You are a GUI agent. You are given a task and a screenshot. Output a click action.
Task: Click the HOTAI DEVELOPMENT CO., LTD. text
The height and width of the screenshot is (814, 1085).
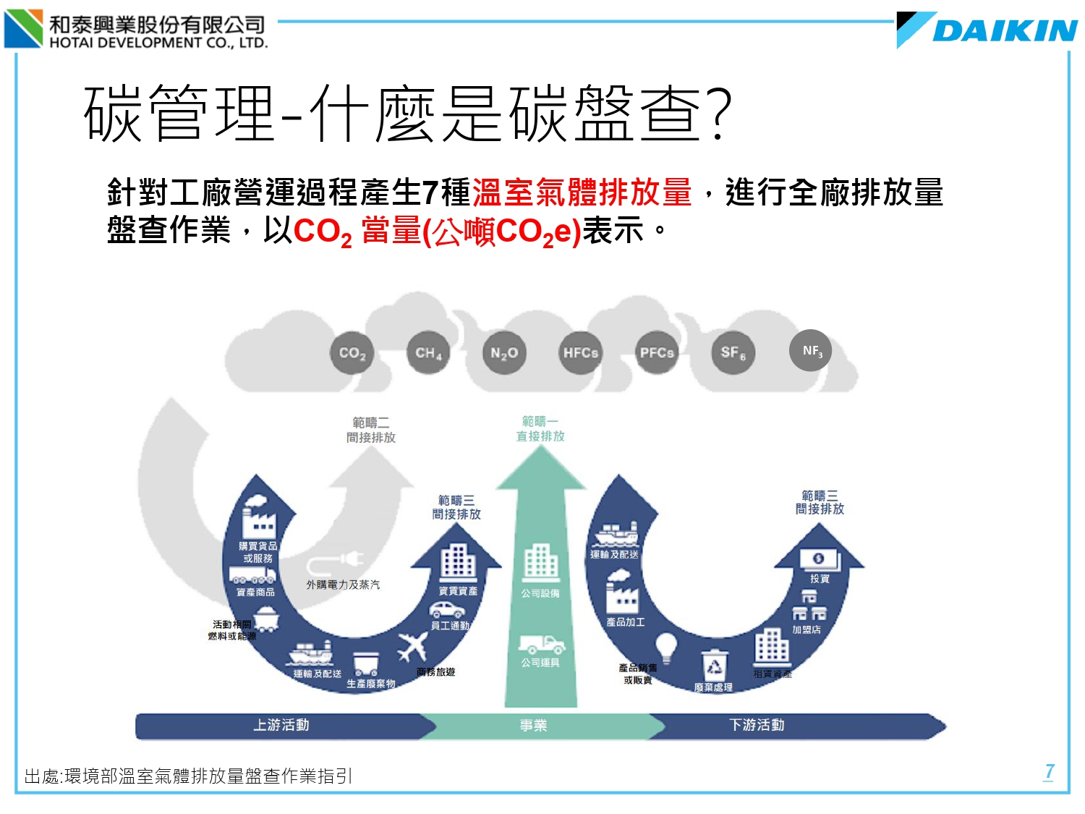point(158,43)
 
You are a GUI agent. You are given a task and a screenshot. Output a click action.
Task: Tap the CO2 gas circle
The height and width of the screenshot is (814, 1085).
point(352,353)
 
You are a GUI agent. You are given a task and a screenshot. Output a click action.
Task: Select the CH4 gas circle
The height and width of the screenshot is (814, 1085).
point(428,353)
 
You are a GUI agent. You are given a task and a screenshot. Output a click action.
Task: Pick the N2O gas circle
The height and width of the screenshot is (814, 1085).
point(504,353)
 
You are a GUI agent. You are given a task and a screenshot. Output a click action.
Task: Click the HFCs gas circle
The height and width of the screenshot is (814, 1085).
point(581,353)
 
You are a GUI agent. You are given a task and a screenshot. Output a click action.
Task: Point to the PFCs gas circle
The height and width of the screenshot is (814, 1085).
point(657,353)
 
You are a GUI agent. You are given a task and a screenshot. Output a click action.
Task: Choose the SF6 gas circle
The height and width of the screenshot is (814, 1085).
point(733,353)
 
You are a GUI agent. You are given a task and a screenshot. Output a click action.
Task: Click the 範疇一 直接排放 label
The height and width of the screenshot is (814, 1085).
point(540,429)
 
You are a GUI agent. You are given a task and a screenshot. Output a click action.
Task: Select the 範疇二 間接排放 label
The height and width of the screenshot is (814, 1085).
point(371,430)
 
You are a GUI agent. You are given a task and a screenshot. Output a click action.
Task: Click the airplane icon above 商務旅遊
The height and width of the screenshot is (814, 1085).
point(413,646)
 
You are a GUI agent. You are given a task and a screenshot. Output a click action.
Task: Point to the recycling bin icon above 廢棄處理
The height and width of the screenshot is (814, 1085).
point(714,664)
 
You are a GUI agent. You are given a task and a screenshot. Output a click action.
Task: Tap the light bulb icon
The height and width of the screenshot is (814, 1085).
point(665,647)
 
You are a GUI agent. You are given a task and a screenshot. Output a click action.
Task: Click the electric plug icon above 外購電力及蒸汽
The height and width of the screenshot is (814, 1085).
point(344,561)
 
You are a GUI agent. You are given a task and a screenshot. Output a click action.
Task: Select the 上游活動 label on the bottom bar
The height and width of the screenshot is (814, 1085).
point(281,725)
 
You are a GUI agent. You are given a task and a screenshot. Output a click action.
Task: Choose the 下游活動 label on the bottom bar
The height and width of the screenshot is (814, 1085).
point(757,725)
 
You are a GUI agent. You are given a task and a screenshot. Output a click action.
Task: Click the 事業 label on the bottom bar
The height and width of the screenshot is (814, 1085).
point(534,726)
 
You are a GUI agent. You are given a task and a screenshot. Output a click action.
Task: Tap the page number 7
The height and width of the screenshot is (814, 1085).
point(1049,771)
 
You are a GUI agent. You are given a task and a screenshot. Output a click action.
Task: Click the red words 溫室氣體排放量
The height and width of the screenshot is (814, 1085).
point(582,193)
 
